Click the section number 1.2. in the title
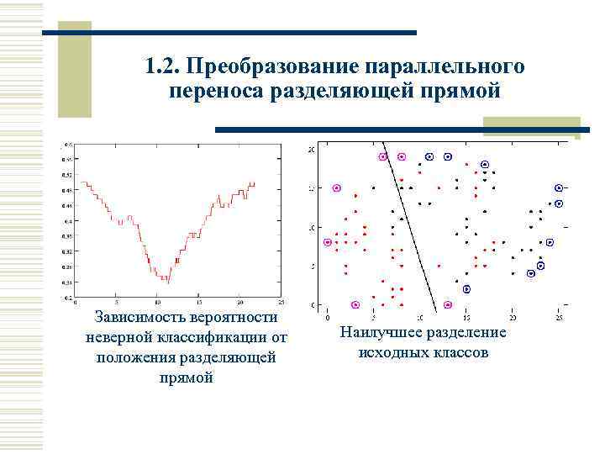point(161,66)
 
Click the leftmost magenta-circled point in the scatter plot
point(328,242)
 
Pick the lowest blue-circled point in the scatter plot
point(467,289)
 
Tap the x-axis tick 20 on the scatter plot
point(513,318)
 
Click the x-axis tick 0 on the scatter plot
point(326,318)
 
